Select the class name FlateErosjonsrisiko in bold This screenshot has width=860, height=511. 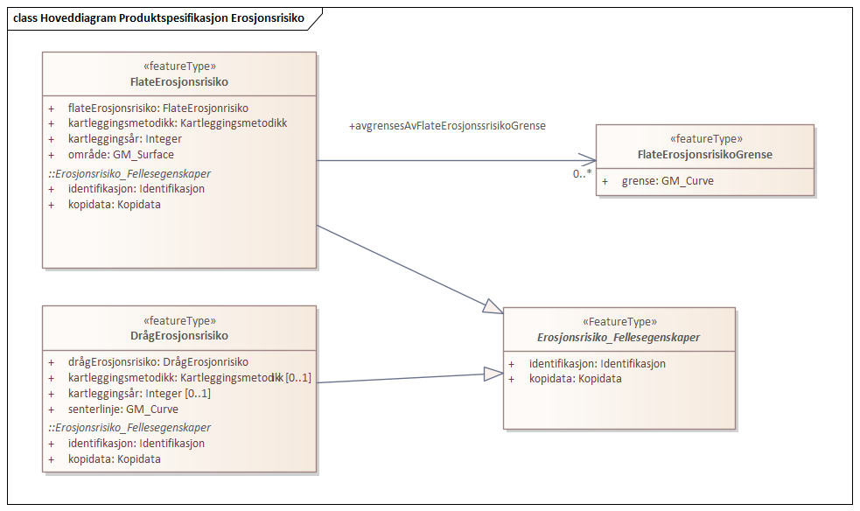(x=179, y=81)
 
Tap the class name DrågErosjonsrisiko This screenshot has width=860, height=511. (x=179, y=335)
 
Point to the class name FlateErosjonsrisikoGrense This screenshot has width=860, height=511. (x=705, y=155)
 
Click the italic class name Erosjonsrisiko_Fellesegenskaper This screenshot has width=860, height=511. (x=619, y=337)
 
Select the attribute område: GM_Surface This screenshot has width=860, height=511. (x=121, y=155)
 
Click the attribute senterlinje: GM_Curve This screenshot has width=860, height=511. (x=122, y=409)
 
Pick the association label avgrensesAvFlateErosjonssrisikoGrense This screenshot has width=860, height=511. (x=447, y=126)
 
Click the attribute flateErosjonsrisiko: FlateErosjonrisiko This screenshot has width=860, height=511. (x=158, y=108)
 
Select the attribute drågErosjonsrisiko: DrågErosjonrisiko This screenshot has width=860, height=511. (x=157, y=361)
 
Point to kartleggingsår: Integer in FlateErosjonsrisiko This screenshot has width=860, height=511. (x=124, y=139)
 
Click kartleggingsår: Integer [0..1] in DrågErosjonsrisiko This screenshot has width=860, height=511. (x=139, y=393)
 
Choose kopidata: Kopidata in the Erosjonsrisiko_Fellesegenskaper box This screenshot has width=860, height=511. (x=575, y=379)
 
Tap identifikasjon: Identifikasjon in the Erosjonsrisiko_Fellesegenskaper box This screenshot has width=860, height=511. (x=597, y=363)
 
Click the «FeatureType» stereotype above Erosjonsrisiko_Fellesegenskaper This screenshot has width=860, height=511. (x=619, y=321)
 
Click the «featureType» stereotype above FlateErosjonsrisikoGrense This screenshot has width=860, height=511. (x=705, y=138)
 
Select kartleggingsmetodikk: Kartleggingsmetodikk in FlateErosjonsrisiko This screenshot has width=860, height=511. (x=177, y=123)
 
